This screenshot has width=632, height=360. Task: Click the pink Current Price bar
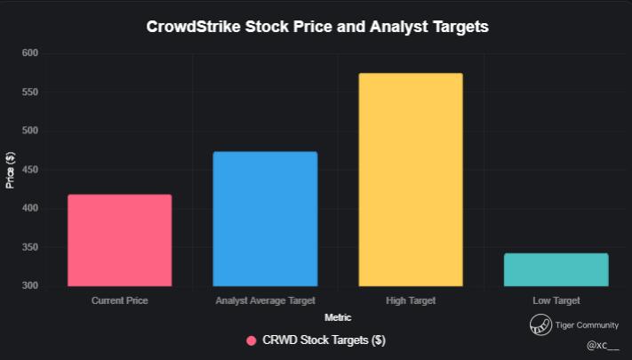click(119, 240)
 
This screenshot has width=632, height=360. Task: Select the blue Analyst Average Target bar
click(265, 219)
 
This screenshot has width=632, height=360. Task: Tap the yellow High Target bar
click(411, 180)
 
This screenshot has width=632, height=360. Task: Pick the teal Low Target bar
click(556, 269)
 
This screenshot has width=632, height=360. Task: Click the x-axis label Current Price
click(119, 300)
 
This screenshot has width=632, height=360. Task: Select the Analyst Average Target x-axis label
click(265, 300)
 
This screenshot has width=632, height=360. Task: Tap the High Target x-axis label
click(411, 300)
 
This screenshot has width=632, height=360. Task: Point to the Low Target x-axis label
click(556, 300)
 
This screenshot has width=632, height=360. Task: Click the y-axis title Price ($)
click(11, 170)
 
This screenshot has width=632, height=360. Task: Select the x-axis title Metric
click(338, 317)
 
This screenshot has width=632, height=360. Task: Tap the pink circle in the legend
click(252, 340)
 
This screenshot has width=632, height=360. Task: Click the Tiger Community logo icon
click(540, 324)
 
